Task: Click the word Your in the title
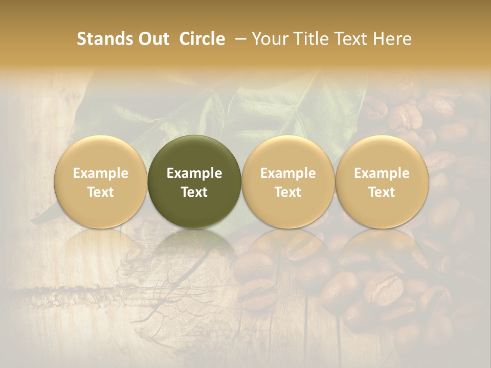pyautogui.click(x=269, y=39)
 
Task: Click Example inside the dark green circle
pyautogui.click(x=194, y=173)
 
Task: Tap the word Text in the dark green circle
pyautogui.click(x=194, y=192)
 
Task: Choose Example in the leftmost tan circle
pyautogui.click(x=101, y=173)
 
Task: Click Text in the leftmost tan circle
pyautogui.click(x=101, y=192)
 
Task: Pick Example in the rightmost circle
pyautogui.click(x=382, y=173)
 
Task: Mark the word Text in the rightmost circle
pyautogui.click(x=382, y=192)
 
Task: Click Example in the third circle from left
pyautogui.click(x=288, y=173)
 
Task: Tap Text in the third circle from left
pyautogui.click(x=288, y=192)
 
